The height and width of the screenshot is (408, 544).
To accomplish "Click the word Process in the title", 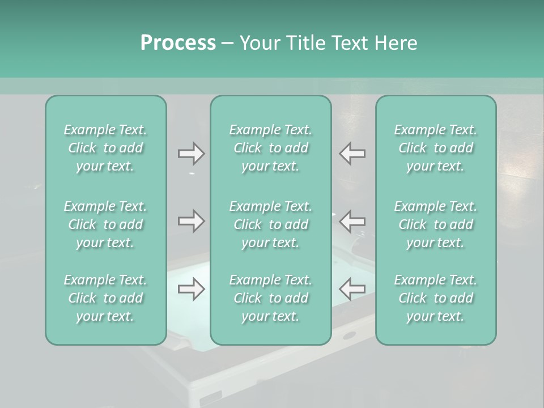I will pos(178,43).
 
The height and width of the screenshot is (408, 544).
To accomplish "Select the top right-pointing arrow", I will pos(192,154).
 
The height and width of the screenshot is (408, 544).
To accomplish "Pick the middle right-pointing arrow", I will pos(192,221).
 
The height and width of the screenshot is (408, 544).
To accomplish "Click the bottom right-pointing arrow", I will pos(192,290).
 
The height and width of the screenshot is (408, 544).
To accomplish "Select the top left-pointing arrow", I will pos(352,154).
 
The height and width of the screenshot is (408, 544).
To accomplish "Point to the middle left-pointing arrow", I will pos(352,221).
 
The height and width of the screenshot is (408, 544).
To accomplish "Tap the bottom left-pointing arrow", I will pos(352,290).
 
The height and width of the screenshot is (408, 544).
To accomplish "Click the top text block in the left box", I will pos(105,148).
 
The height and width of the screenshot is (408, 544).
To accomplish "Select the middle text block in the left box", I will pos(105,224).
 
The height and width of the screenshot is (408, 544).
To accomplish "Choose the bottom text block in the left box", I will pos(105,298).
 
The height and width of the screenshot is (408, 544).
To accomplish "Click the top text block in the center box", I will pos(270,148).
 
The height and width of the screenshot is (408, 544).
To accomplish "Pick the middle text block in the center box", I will pos(270,224).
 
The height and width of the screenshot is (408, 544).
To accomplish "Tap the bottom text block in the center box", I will pos(270,298).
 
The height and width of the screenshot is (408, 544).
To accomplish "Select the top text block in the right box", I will pos(435,148).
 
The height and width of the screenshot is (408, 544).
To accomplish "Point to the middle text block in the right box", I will pos(435,224).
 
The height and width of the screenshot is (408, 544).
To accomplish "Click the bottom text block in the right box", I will pos(435,298).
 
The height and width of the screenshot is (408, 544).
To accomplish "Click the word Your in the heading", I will pos(260,43).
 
